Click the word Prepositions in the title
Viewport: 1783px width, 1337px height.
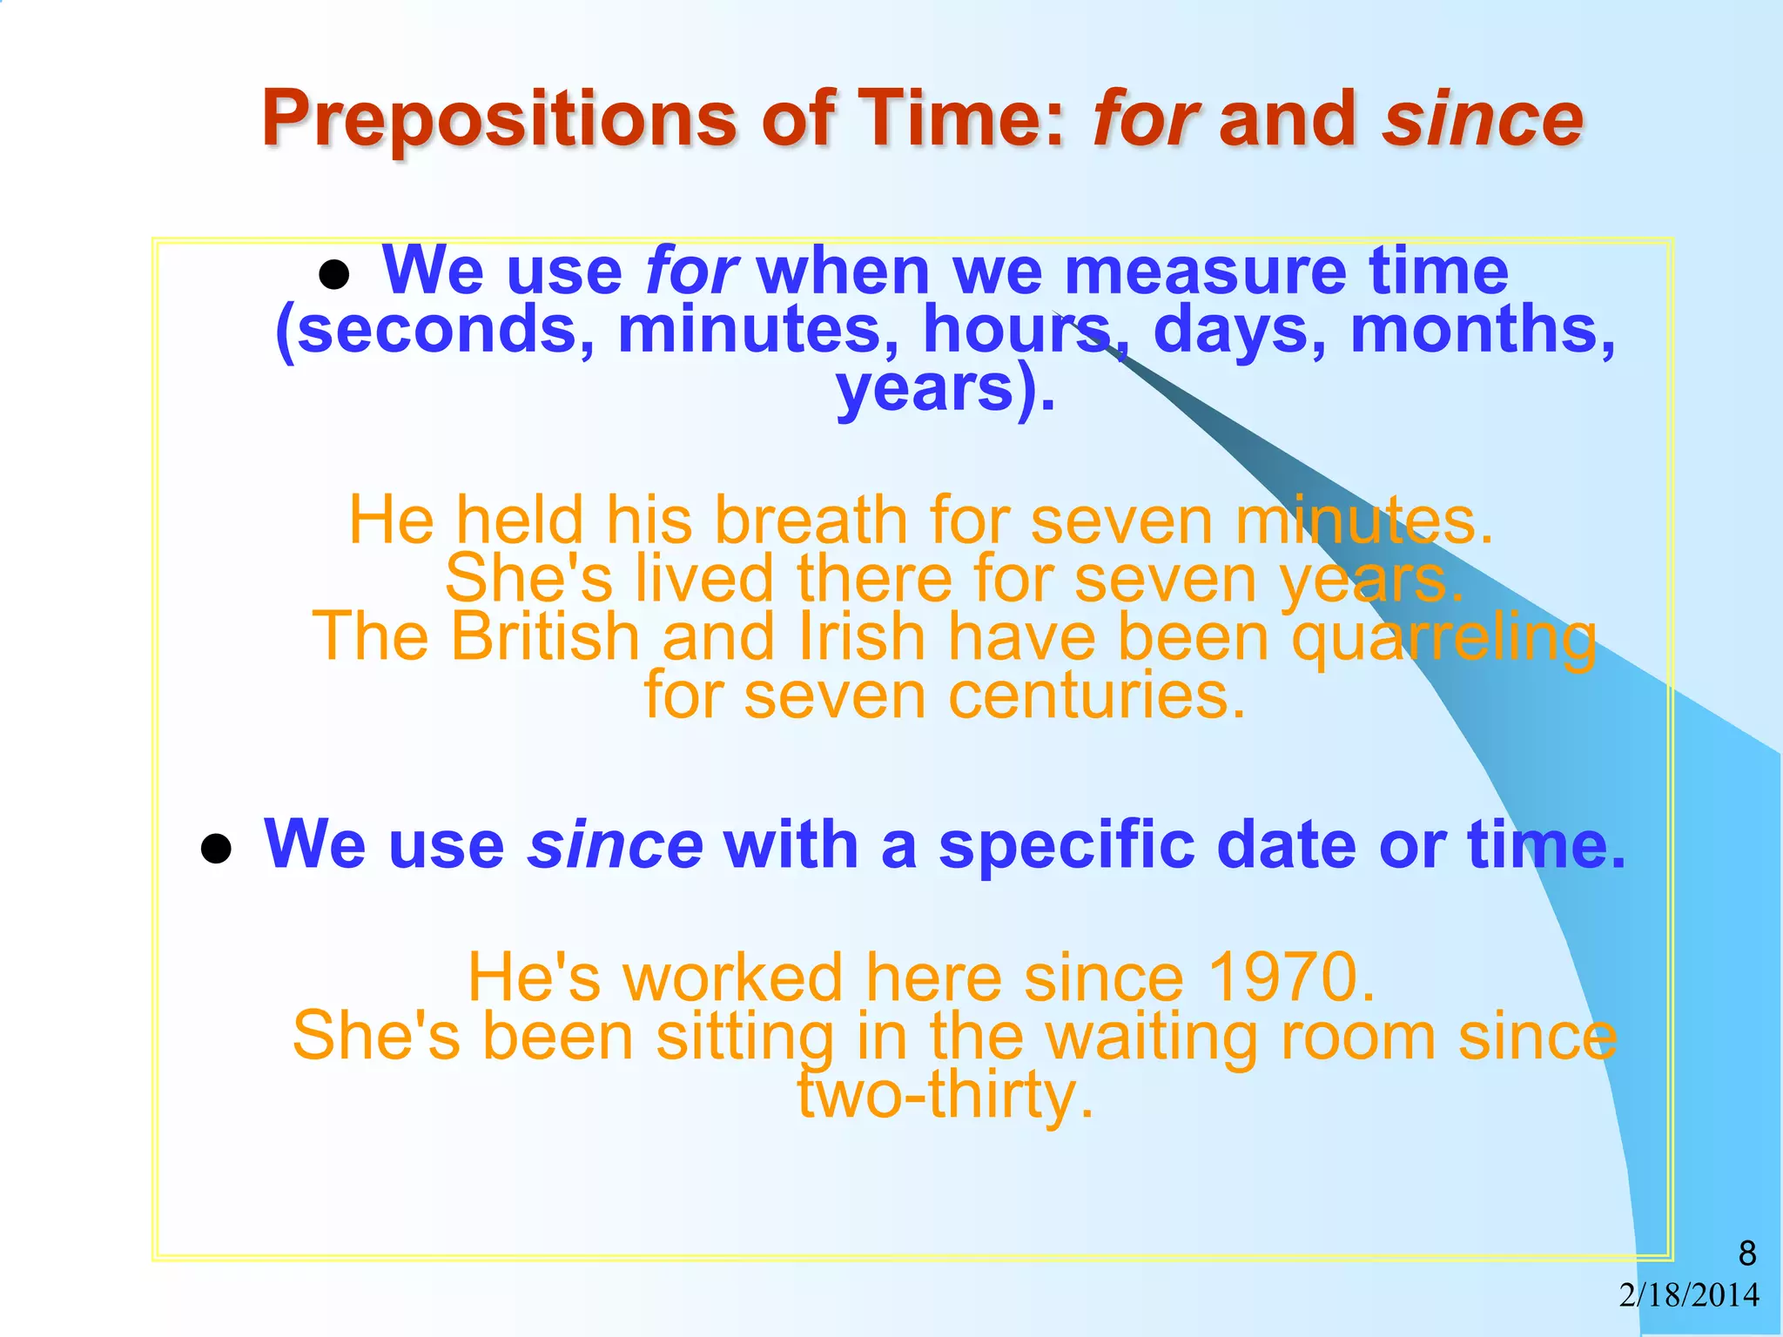[499, 119]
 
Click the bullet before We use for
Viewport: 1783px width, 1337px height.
[334, 276]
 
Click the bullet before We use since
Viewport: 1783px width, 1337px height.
[215, 849]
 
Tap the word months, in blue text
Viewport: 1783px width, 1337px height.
[1483, 330]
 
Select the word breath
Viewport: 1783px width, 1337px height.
[811, 520]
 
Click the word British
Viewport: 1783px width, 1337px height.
[545, 636]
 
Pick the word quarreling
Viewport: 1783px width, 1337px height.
[1443, 638]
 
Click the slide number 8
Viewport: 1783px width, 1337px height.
[1746, 1253]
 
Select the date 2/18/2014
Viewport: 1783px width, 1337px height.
[1689, 1295]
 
